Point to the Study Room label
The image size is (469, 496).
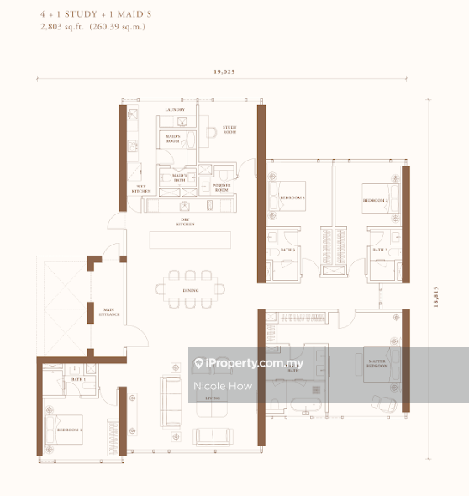[x=229, y=130]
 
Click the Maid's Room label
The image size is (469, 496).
[x=174, y=139]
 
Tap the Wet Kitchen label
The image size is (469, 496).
[x=140, y=191]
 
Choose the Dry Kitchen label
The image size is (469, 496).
[x=186, y=224]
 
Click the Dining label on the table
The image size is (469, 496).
[x=191, y=290]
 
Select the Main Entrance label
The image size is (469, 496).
[x=110, y=312]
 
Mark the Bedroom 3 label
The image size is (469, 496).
[x=292, y=199]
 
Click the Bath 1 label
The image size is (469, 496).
[x=78, y=380]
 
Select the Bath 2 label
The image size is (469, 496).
[x=379, y=250]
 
